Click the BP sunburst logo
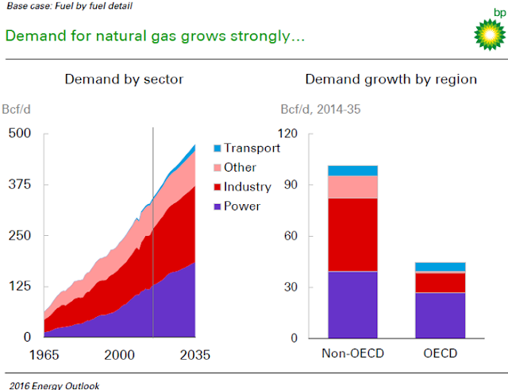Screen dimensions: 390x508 [487, 33]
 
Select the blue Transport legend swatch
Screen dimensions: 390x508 [217, 149]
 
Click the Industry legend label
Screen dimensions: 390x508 [248, 187]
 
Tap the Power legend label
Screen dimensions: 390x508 [242, 207]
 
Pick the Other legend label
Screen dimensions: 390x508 [240, 168]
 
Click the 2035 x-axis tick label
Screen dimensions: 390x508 [194, 353]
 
